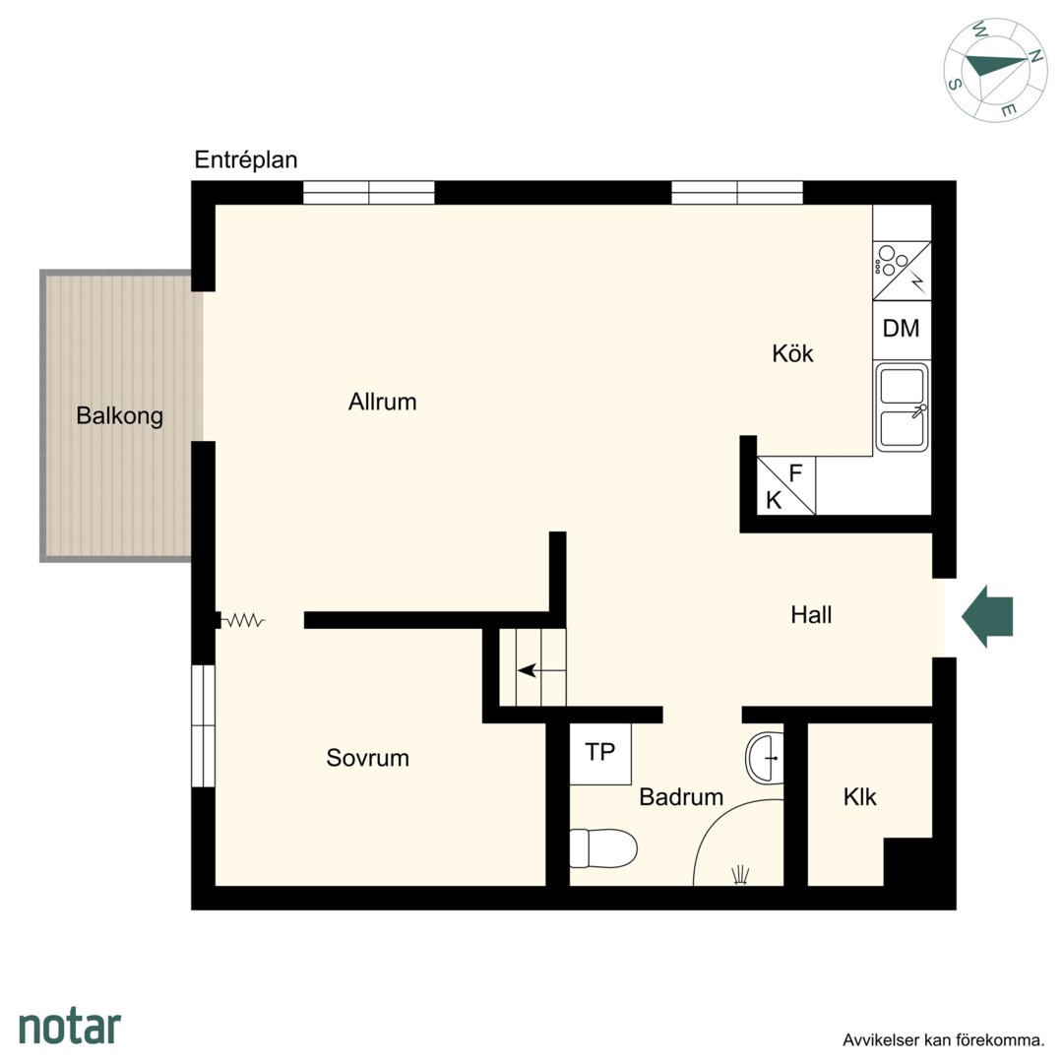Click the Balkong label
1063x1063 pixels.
[x=119, y=415]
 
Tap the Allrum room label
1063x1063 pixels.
[x=382, y=402]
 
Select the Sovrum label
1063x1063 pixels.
[x=367, y=758]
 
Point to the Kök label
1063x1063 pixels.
[x=792, y=353]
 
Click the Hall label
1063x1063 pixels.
[x=811, y=615]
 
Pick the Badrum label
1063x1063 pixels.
[x=681, y=797]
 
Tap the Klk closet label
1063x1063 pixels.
[x=859, y=797]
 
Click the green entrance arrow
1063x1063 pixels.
[x=987, y=616]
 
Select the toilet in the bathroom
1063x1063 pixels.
[x=603, y=848]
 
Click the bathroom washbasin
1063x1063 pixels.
[x=765, y=757]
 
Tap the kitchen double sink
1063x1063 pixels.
[x=902, y=407]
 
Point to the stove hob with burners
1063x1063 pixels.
[x=902, y=271]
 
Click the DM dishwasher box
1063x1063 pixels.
[x=902, y=330]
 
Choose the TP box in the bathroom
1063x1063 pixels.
[x=600, y=754]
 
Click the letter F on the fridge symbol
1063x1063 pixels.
[x=796, y=472]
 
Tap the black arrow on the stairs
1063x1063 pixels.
[x=528, y=670]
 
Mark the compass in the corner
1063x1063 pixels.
[x=996, y=71]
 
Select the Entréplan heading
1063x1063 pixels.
[x=246, y=160]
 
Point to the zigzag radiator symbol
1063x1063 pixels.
[x=243, y=620]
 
